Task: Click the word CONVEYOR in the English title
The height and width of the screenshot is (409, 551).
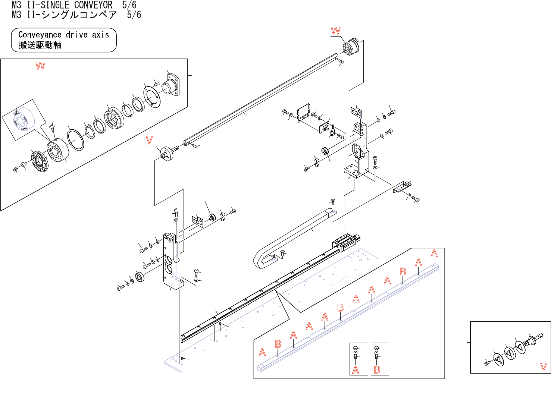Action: point(93,5)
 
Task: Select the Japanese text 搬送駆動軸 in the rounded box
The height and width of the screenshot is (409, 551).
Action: point(40,45)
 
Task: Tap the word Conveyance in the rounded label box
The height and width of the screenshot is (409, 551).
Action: point(40,35)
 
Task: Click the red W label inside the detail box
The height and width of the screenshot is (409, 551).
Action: point(40,66)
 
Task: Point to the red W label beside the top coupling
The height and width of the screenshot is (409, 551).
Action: point(336,31)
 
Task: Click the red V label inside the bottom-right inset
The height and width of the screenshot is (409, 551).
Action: point(544,366)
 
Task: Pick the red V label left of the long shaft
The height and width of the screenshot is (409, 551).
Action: point(149,141)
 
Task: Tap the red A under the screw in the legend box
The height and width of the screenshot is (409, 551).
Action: point(356,370)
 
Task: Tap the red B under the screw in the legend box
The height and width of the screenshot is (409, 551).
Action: point(377,370)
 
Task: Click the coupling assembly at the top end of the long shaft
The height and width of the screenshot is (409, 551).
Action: point(351,47)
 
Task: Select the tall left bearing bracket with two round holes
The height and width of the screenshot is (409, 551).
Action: point(172,261)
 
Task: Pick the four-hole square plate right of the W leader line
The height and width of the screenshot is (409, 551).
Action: point(356,111)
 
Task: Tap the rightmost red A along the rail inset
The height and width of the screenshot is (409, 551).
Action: point(434,254)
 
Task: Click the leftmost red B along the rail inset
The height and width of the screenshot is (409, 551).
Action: point(278,344)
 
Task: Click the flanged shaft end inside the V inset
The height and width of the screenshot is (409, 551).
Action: point(532,340)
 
